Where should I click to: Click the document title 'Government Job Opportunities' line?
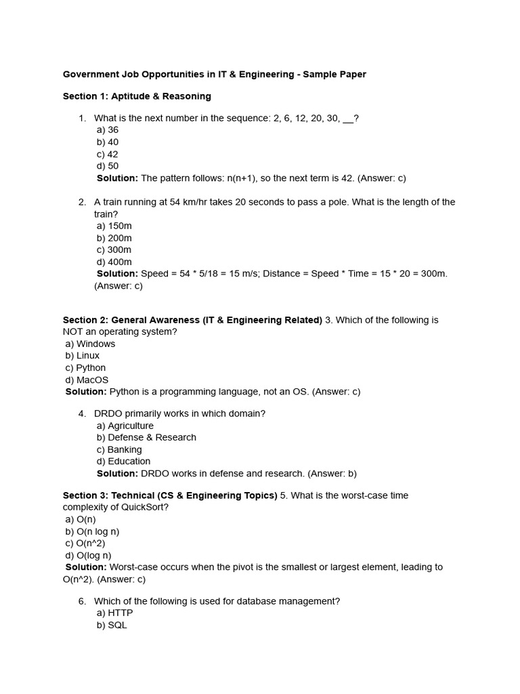click(x=214, y=75)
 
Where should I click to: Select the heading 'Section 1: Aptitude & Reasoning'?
click(x=137, y=96)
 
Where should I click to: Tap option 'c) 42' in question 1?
click(x=107, y=155)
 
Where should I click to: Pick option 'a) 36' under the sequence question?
click(x=107, y=130)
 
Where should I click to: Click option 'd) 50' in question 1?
click(x=107, y=166)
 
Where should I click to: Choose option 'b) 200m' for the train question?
click(x=114, y=238)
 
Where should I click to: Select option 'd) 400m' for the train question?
click(x=114, y=262)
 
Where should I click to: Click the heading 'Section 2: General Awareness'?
click(x=192, y=320)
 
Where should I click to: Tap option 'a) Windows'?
click(x=90, y=344)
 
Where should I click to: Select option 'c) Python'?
click(x=85, y=368)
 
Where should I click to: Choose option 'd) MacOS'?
click(x=87, y=380)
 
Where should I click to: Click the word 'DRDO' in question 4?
click(x=108, y=413)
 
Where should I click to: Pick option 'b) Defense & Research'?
click(x=146, y=437)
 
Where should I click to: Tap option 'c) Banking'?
click(x=119, y=449)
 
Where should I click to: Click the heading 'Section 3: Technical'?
click(x=170, y=495)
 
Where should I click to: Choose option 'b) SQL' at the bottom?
click(x=112, y=625)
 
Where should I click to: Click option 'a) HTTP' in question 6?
click(x=114, y=613)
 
